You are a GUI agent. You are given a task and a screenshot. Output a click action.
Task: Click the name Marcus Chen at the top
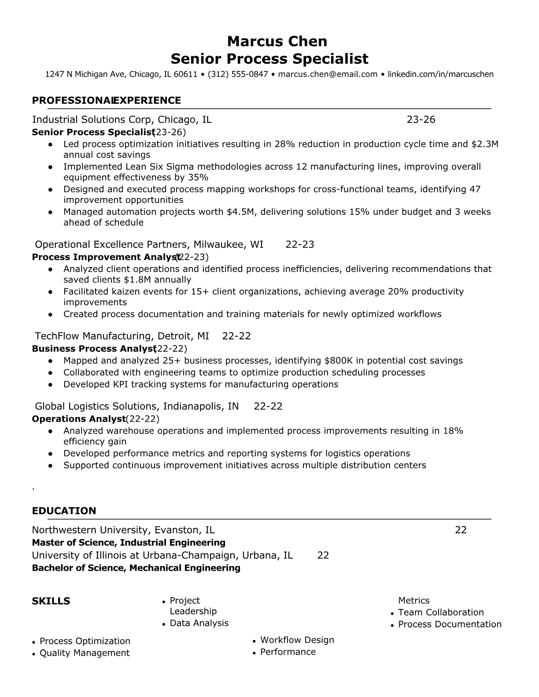pyautogui.click(x=277, y=41)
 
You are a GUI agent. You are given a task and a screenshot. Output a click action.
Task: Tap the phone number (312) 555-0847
pyautogui.click(x=238, y=74)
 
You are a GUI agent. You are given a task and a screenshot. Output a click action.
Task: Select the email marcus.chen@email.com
pyautogui.click(x=328, y=74)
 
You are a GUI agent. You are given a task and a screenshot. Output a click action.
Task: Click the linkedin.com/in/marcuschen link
pyautogui.click(x=440, y=74)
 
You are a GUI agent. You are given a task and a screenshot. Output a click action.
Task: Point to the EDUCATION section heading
pyautogui.click(x=64, y=511)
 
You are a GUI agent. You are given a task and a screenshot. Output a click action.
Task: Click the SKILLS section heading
pyautogui.click(x=51, y=602)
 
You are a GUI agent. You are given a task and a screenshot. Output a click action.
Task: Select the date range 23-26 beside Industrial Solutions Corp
pyautogui.click(x=421, y=120)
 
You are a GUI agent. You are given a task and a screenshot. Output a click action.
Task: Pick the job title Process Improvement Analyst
pyautogui.click(x=103, y=257)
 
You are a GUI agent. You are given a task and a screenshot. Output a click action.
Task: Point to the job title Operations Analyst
pyautogui.click(x=78, y=419)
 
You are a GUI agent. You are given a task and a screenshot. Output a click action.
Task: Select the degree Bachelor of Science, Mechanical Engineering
pyautogui.click(x=136, y=568)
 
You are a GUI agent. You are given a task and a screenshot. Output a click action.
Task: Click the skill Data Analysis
pyautogui.click(x=199, y=623)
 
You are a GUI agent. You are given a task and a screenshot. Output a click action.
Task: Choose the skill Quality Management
pyautogui.click(x=85, y=653)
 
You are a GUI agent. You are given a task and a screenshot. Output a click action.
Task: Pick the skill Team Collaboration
pyautogui.click(x=441, y=613)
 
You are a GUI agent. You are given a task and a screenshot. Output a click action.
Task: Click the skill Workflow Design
pyautogui.click(x=297, y=640)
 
